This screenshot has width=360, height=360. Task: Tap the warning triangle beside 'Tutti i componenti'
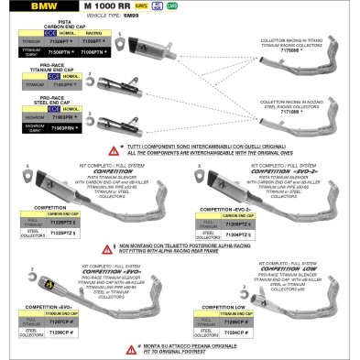pos(113,148)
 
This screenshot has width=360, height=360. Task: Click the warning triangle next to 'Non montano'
pos(112,248)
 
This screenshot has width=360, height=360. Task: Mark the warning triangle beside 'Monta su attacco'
pos(112,345)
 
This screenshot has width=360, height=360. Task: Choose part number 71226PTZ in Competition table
pos(85,222)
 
